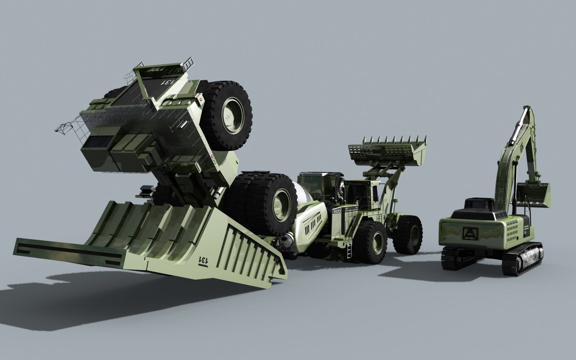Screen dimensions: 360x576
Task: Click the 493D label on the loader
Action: tap(337, 211)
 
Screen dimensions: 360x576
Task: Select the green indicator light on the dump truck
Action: tap(215, 163)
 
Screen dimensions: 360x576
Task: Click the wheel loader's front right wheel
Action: tap(408, 234)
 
